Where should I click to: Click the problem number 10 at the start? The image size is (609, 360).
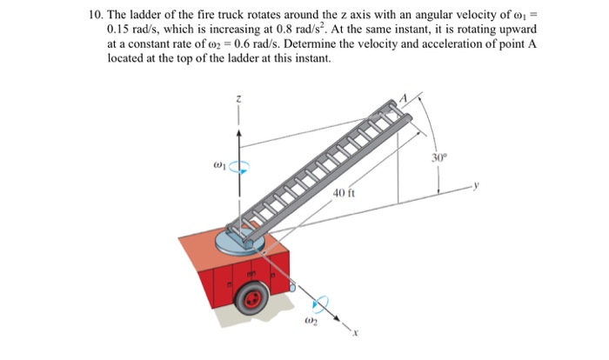(96, 16)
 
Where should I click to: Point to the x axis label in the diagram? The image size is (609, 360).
(355, 334)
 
